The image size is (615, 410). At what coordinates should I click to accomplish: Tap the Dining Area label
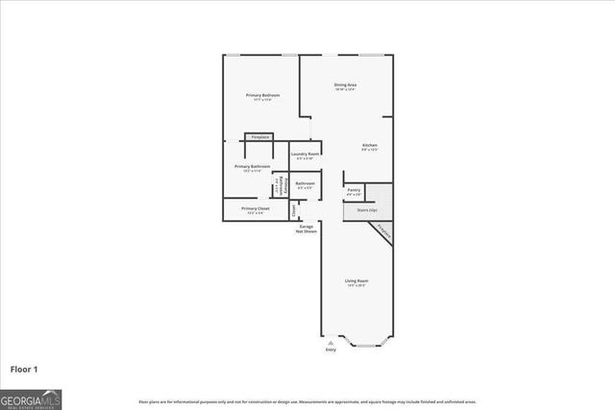click(x=345, y=84)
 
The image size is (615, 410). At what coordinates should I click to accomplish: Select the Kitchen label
click(x=370, y=145)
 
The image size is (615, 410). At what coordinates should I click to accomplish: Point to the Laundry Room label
click(x=306, y=154)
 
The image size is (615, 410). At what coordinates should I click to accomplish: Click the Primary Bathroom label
click(x=253, y=166)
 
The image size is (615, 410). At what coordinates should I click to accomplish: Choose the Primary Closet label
click(x=256, y=208)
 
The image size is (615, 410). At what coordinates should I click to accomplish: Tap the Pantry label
click(x=354, y=190)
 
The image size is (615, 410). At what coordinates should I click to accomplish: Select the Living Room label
click(x=357, y=280)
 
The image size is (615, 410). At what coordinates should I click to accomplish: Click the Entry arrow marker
click(x=332, y=341)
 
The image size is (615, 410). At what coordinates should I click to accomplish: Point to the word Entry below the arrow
click(x=332, y=350)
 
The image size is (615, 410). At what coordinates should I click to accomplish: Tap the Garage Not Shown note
click(x=307, y=229)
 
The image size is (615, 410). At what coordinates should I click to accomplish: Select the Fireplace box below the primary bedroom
click(x=259, y=137)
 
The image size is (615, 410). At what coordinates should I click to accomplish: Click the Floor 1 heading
click(x=24, y=368)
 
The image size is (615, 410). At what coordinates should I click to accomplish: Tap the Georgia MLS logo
click(x=31, y=399)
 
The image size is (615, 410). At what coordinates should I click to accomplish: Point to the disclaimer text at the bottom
click(x=307, y=401)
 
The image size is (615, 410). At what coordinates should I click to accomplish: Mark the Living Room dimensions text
click(x=357, y=285)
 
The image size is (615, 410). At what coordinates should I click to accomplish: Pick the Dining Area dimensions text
click(x=345, y=89)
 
